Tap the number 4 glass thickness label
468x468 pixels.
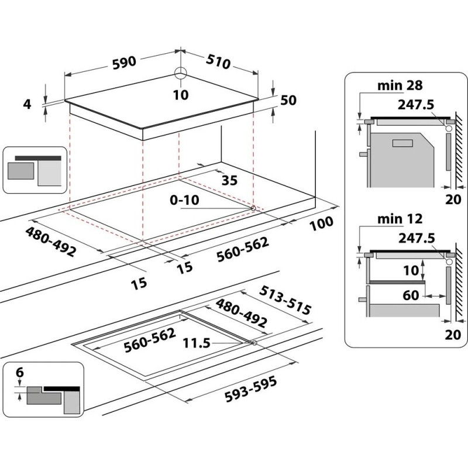coord(27,105)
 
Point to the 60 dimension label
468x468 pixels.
coord(411,295)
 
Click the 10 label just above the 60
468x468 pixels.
coord(411,270)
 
